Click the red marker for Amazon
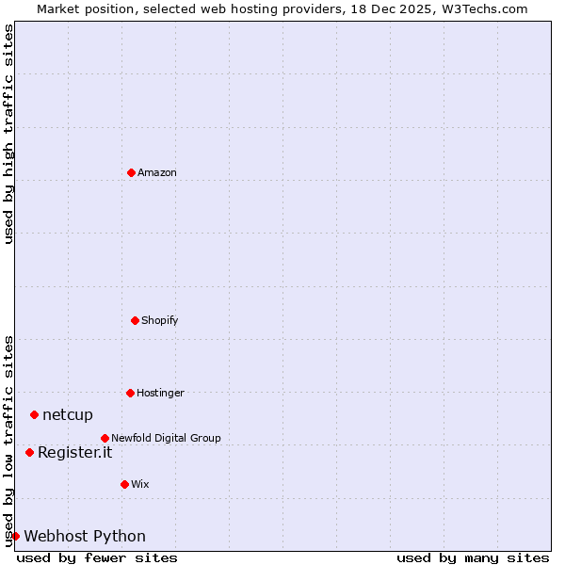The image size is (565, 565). pyautogui.click(x=131, y=172)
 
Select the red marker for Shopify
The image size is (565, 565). pyautogui.click(x=135, y=320)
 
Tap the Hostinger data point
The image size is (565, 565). pyautogui.click(x=130, y=393)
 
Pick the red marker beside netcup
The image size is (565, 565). pyautogui.click(x=34, y=414)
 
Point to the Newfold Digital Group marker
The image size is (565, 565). pyautogui.click(x=105, y=438)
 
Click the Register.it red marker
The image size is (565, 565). pyautogui.click(x=29, y=452)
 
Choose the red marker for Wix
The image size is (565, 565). pyautogui.click(x=124, y=484)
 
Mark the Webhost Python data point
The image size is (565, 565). pyautogui.click(x=15, y=536)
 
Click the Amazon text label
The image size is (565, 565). pyautogui.click(x=157, y=172)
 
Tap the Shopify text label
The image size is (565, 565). pyautogui.click(x=160, y=320)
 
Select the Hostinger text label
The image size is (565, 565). pyautogui.click(x=160, y=393)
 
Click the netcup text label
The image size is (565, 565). pyautogui.click(x=68, y=414)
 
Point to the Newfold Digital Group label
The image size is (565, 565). pyautogui.click(x=166, y=438)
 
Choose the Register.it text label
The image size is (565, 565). pyautogui.click(x=74, y=452)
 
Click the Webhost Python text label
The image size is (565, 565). pyautogui.click(x=85, y=536)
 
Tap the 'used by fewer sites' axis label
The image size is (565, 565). pyautogui.click(x=97, y=557)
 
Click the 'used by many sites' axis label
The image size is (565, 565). pyautogui.click(x=473, y=557)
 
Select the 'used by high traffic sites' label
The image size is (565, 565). pyautogui.click(x=8, y=134)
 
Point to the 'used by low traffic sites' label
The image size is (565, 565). pyautogui.click(x=8, y=441)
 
